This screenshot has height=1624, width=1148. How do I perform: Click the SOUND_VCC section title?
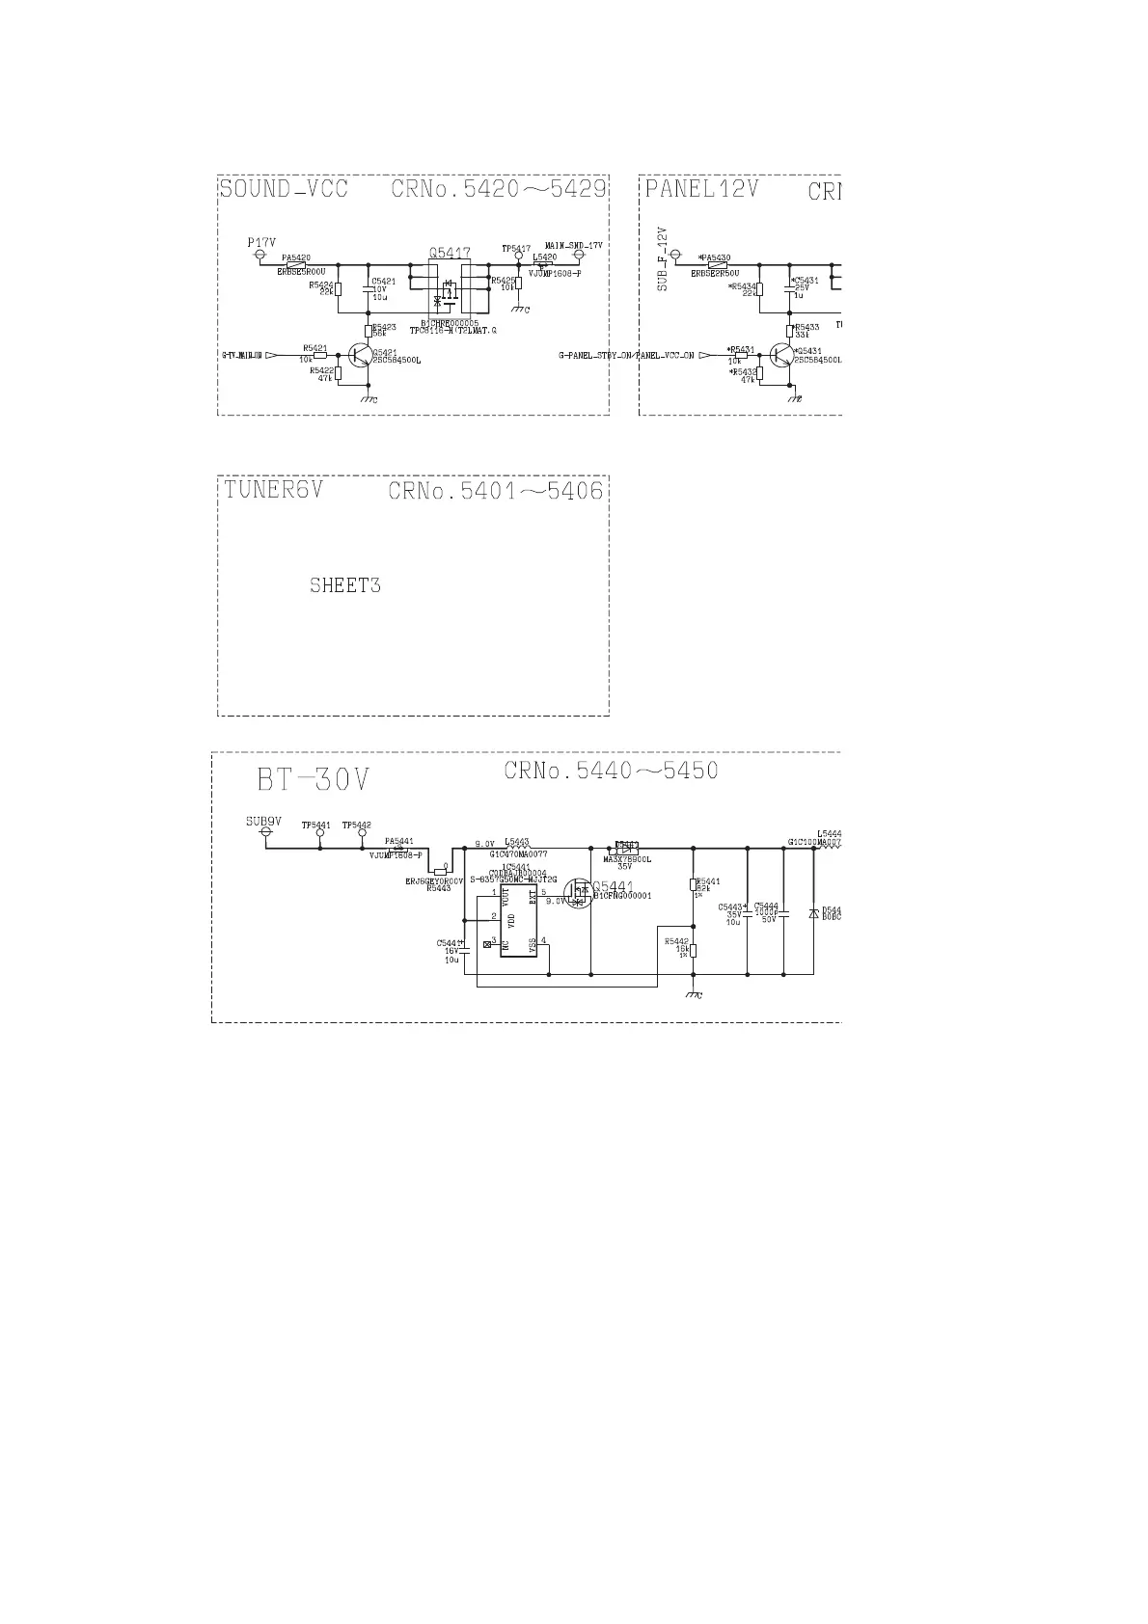[x=283, y=188]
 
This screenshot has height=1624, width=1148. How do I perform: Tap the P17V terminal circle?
[x=259, y=255]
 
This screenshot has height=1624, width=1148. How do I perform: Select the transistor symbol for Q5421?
[x=361, y=356]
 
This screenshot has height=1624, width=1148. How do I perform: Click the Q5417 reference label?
[x=449, y=254]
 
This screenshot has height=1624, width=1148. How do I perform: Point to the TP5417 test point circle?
[x=518, y=257]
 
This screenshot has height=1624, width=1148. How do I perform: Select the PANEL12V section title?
[x=701, y=188]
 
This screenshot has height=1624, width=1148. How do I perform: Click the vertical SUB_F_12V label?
[x=662, y=260]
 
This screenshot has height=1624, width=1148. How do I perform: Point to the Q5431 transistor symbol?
[x=781, y=356]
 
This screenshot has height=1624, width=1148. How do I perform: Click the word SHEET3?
[x=344, y=585]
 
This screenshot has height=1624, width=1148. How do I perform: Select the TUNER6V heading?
[x=273, y=490]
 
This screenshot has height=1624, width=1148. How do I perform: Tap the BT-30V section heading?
[x=314, y=778]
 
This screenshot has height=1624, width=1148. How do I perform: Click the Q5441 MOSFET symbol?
[x=578, y=893]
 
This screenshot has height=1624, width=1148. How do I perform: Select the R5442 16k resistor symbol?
[x=694, y=950]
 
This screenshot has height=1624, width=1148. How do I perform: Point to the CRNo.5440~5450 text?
[x=611, y=771]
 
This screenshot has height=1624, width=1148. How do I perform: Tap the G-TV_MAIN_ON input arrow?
[x=271, y=356]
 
